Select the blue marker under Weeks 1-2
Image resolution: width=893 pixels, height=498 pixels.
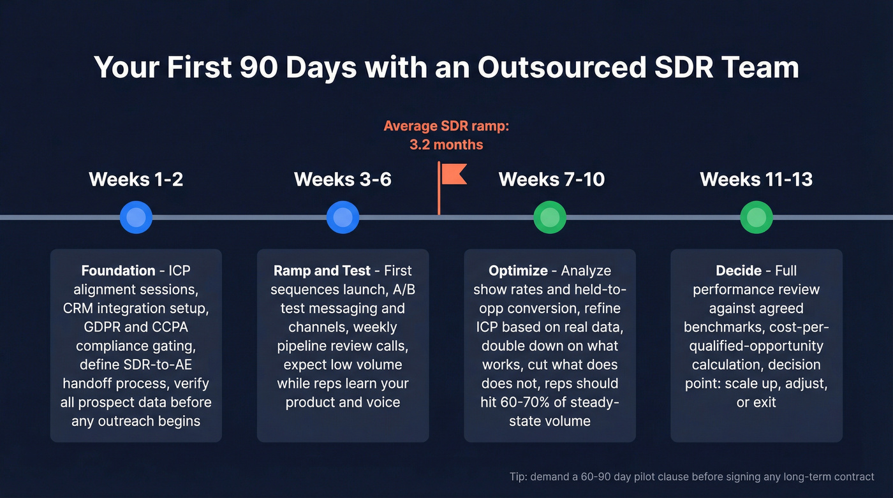136,217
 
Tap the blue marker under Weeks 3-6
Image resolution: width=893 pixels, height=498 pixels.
343,217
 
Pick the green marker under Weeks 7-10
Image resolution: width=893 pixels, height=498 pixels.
550,217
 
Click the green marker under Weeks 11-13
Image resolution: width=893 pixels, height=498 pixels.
756,217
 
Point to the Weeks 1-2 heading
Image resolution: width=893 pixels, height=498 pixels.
136,179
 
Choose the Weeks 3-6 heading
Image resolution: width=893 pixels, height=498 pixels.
343,179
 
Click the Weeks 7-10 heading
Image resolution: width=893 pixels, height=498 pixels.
552,179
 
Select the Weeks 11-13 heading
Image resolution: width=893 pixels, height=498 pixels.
756,179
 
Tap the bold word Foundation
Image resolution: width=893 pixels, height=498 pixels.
118,270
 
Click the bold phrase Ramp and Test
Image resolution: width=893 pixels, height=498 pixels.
321,270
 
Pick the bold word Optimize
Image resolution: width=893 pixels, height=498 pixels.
518,270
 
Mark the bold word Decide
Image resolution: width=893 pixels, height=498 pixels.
738,270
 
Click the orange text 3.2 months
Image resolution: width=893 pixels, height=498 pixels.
446,145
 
